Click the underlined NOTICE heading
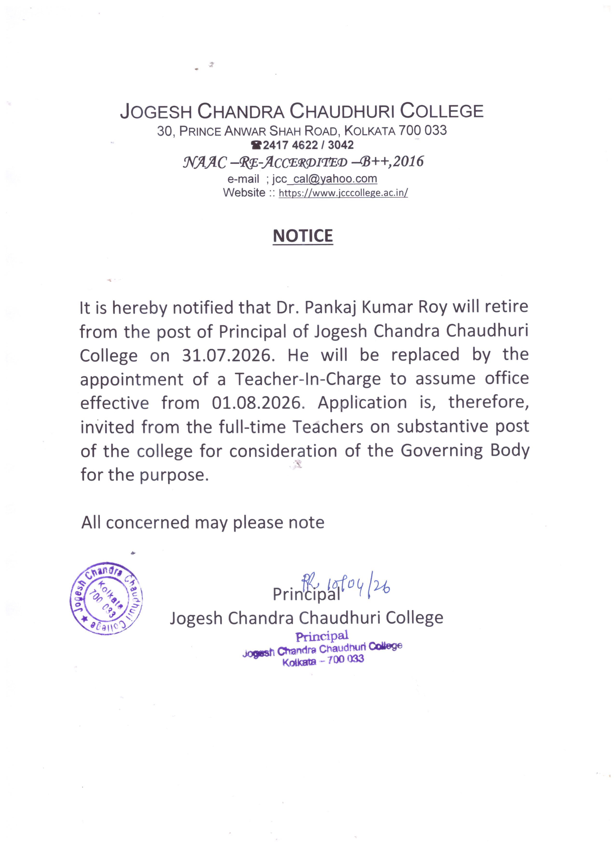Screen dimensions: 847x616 pos(303,236)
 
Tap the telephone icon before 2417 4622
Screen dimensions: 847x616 pos(256,145)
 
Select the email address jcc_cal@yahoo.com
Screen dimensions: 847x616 pos(324,179)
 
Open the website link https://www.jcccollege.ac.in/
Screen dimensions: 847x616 pos(343,193)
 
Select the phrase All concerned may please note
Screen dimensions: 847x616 pos(203,522)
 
